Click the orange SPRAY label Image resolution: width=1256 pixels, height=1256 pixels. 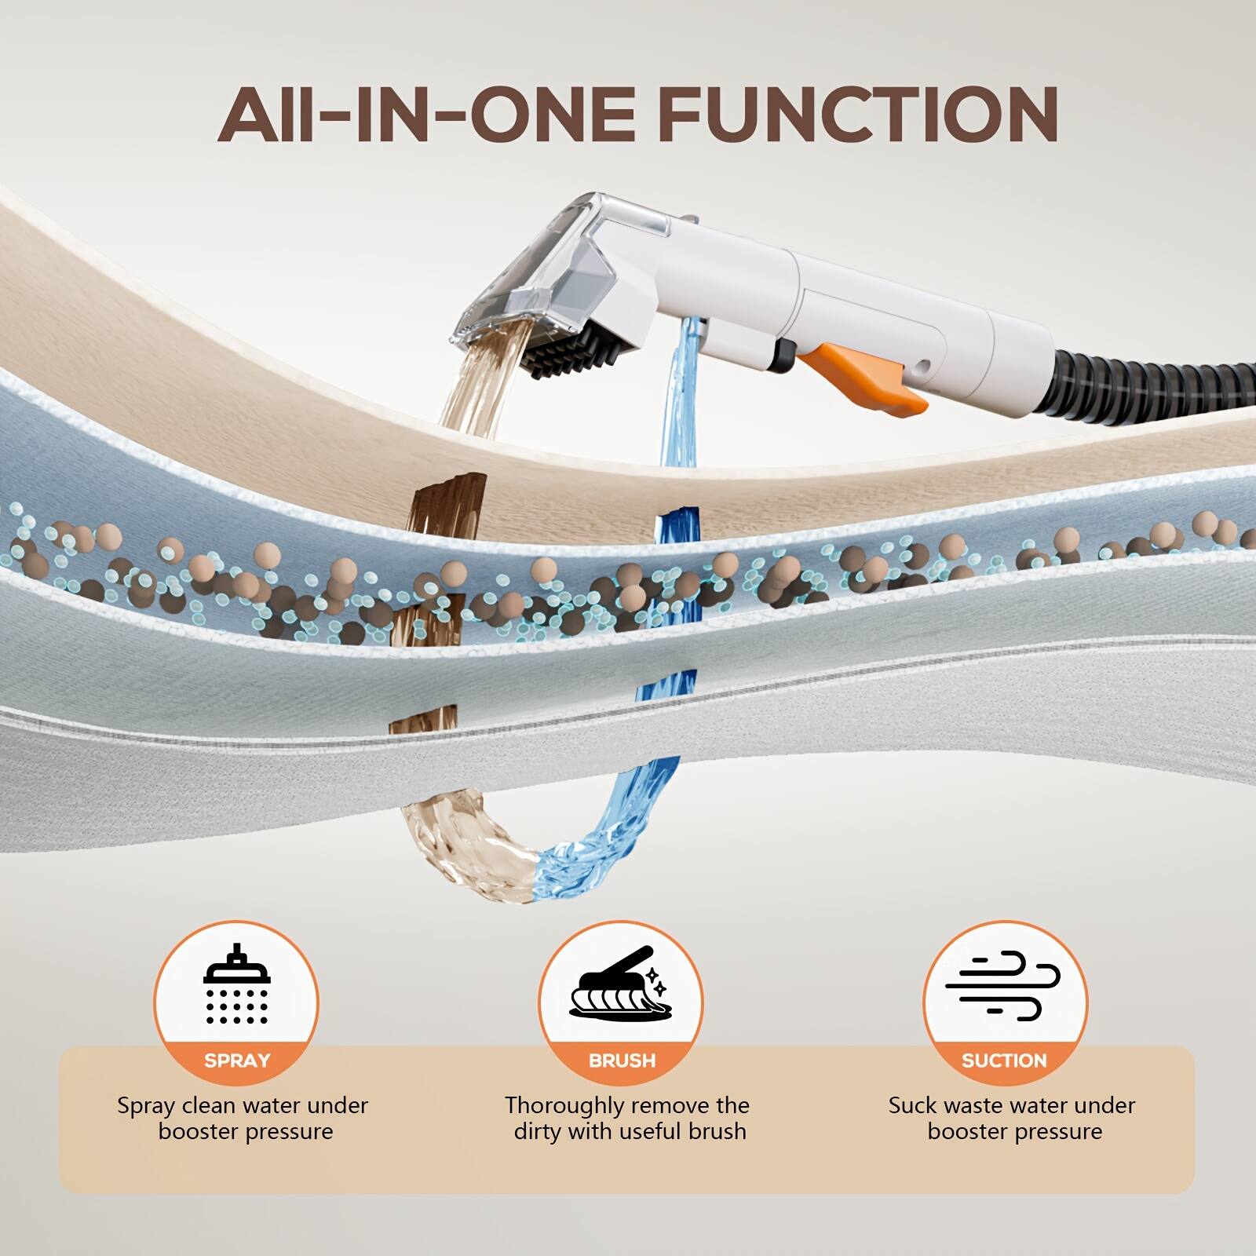click(x=236, y=1061)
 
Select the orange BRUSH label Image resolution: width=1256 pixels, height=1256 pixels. click(x=622, y=1061)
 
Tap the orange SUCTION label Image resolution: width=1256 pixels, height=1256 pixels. click(x=1004, y=1061)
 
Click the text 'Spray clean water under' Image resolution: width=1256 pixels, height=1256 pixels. click(x=243, y=1106)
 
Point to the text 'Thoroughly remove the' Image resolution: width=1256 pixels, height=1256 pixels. click(x=626, y=1106)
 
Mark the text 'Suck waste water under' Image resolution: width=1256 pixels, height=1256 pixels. click(x=1011, y=1106)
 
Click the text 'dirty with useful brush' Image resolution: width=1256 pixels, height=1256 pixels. click(x=630, y=1132)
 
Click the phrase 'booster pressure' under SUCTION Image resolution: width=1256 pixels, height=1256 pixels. click(x=1014, y=1132)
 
